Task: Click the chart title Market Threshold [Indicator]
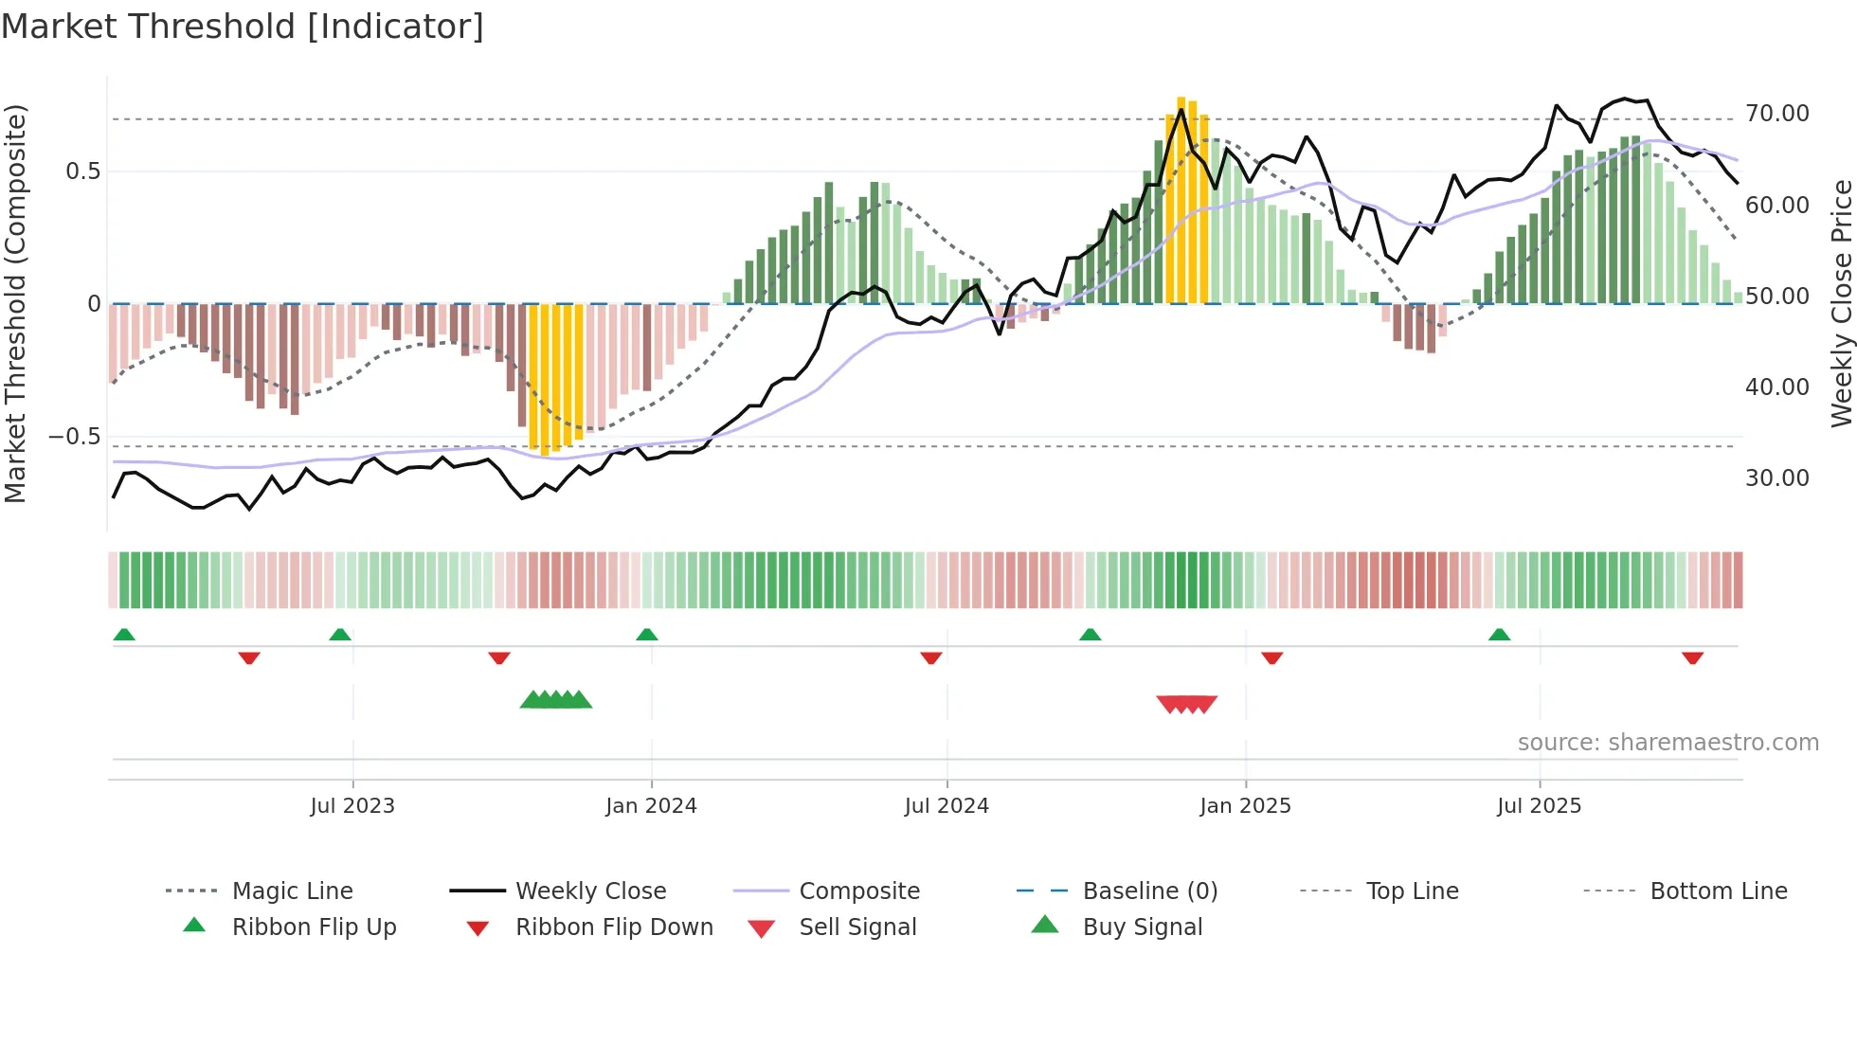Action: tap(243, 27)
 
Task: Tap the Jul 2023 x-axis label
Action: tap(352, 806)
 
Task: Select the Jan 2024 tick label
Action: tap(651, 806)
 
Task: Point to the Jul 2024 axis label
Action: tap(947, 806)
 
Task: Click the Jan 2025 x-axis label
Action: tap(1245, 806)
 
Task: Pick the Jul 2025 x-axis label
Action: tap(1539, 806)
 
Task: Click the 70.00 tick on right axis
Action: tap(1776, 114)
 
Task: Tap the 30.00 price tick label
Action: tap(1776, 478)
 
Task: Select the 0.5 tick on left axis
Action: tap(82, 171)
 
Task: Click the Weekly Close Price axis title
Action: tap(1841, 303)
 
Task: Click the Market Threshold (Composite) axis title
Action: tap(15, 303)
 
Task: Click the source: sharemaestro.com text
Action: tap(1668, 743)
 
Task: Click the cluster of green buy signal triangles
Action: tap(556, 701)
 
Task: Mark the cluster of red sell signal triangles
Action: tap(1186, 704)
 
